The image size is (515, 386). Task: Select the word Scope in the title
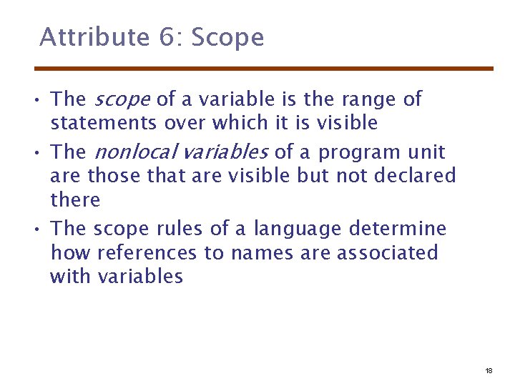tap(228, 37)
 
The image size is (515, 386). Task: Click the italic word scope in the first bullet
tap(122, 99)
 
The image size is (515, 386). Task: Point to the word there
tap(75, 199)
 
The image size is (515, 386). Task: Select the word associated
tap(387, 252)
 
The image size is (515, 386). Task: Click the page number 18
tap(489, 371)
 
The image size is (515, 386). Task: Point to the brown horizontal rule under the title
tap(264, 69)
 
